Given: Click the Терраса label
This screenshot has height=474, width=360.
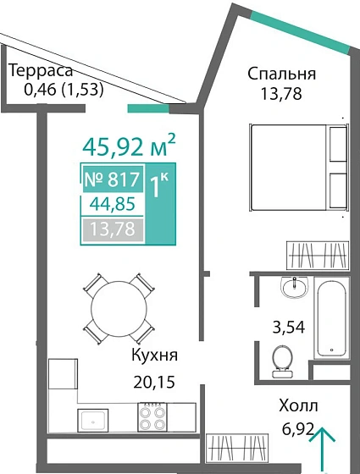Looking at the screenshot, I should click(41, 71).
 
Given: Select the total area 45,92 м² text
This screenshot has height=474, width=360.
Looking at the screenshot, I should click(129, 146).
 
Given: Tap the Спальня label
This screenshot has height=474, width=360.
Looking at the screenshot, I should click(281, 74).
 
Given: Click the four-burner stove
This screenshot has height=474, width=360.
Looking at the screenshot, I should click(155, 417).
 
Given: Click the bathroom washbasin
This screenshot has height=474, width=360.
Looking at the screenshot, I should click(296, 288).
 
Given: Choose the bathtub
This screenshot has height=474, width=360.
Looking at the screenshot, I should click(331, 319).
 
